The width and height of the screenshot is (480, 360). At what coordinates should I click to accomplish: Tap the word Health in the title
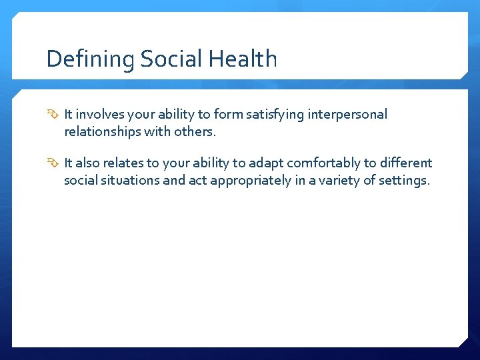click(x=243, y=59)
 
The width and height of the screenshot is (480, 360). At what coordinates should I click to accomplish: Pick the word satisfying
click(x=275, y=115)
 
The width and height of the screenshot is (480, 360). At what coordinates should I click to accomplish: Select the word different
click(x=405, y=163)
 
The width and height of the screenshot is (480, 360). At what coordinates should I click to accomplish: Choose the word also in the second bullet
click(x=89, y=163)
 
